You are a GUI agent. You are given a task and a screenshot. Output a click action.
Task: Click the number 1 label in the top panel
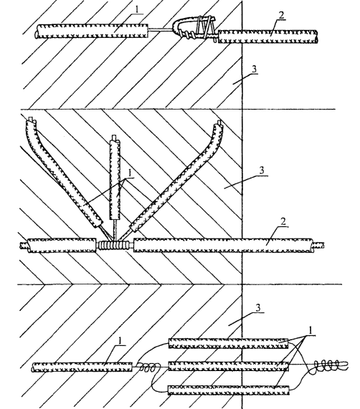pyautogui.click(x=138, y=9)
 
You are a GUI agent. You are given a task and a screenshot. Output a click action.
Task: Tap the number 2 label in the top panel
pyautogui.click(x=280, y=15)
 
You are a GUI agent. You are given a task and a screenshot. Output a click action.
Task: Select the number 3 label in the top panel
pyautogui.click(x=254, y=69)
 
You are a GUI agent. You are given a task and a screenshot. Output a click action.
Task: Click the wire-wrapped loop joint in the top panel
pyautogui.click(x=194, y=28)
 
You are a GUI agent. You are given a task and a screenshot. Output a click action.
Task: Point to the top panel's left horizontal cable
pyautogui.click(x=92, y=31)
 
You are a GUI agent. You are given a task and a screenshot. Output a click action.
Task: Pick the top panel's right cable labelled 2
pyautogui.click(x=267, y=37)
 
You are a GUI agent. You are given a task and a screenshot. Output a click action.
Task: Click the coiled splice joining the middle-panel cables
pyautogui.click(x=115, y=245)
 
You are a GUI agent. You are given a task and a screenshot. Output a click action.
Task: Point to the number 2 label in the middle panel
pyautogui.click(x=283, y=222)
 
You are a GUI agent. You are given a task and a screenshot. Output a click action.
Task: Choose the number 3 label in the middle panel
pyautogui.click(x=262, y=170)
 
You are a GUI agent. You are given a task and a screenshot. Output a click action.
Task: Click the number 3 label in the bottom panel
pyautogui.click(x=258, y=308)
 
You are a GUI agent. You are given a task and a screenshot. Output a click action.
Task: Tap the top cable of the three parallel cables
pyautogui.click(x=229, y=343)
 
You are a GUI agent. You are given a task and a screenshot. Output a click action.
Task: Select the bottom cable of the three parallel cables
pyautogui.click(x=229, y=390)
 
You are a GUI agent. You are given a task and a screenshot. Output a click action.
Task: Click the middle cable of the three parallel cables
pyautogui.click(x=229, y=366)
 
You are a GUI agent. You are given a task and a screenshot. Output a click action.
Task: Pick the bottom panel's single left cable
pyautogui.click(x=82, y=367)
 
